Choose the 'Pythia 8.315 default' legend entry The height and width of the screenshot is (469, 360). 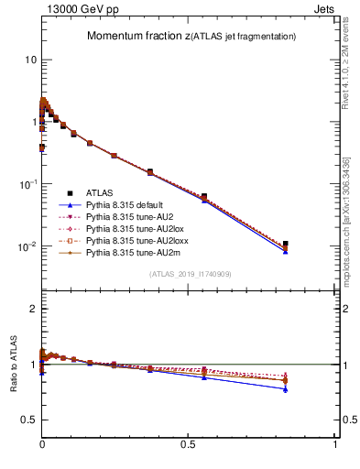pyautogui.click(x=131, y=205)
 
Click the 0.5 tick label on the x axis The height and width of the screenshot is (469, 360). pyautogui.click(x=189, y=444)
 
